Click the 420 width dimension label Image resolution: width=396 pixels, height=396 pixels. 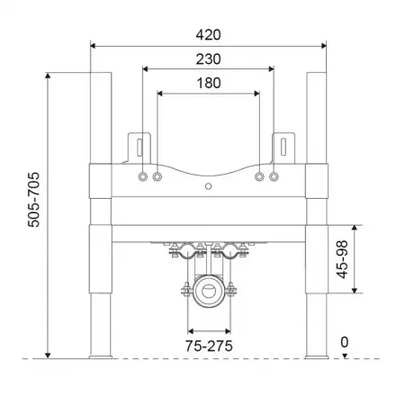(x=208, y=34)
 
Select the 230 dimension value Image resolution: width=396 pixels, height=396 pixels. (x=208, y=58)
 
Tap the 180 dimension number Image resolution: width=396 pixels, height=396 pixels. (x=208, y=83)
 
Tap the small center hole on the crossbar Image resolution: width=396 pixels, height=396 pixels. (x=208, y=187)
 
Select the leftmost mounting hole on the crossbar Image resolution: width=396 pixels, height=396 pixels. (x=143, y=178)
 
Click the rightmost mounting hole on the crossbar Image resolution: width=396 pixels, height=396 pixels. (x=274, y=178)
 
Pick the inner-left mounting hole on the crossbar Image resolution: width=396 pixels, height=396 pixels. (x=157, y=178)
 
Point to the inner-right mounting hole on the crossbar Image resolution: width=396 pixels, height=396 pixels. (x=259, y=178)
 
